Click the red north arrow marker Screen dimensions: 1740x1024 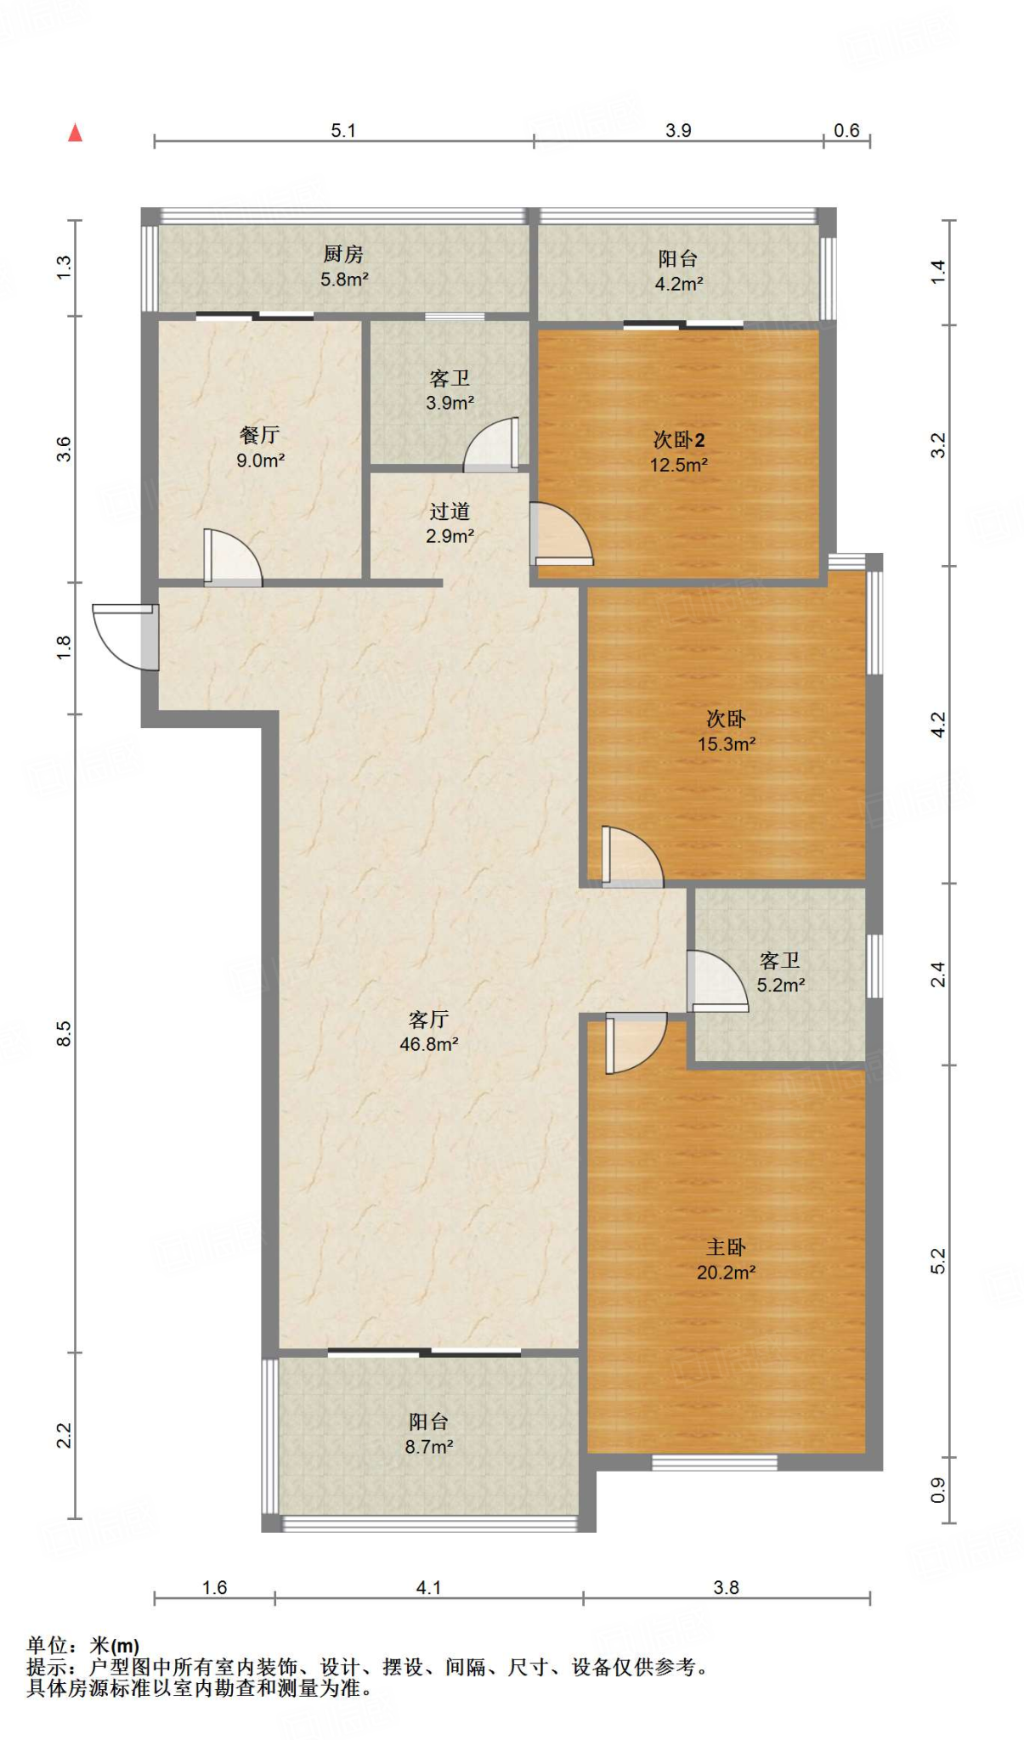click(x=76, y=133)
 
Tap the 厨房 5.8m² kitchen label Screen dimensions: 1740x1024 click(x=343, y=266)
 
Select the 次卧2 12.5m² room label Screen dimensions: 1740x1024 click(x=678, y=452)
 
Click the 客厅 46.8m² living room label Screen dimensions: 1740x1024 click(x=428, y=1031)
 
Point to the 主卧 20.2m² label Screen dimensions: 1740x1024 click(x=726, y=1259)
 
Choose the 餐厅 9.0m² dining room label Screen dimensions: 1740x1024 click(x=260, y=448)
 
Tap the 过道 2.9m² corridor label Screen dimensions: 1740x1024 click(x=450, y=523)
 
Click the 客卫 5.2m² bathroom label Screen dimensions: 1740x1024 click(x=780, y=973)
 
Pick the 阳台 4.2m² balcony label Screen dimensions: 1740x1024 click(x=678, y=271)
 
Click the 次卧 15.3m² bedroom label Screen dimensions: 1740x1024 click(x=726, y=731)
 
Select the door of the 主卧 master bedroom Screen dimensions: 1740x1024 click(x=634, y=1042)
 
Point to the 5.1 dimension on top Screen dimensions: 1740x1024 click(x=343, y=130)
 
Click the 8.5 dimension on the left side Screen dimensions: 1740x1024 click(x=65, y=1033)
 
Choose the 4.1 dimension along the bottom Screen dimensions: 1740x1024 click(x=428, y=1587)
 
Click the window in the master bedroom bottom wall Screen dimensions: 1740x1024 click(x=714, y=1462)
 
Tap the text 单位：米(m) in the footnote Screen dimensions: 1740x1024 click(x=83, y=1646)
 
